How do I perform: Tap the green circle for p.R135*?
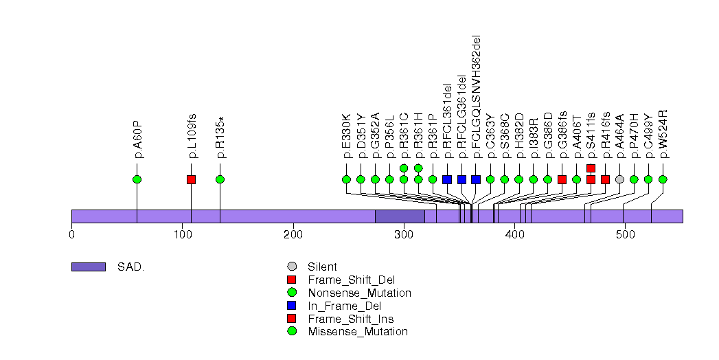[220, 179]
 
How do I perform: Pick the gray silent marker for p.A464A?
[619, 179]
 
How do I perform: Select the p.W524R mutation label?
[663, 134]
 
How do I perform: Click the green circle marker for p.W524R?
[663, 179]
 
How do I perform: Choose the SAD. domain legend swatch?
[88, 267]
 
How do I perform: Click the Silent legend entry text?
[322, 267]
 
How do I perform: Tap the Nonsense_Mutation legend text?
[359, 293]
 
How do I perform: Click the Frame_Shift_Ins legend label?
[351, 319]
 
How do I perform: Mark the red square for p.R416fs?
[605, 179]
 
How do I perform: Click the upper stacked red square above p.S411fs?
[591, 168]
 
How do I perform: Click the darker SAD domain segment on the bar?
[400, 216]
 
